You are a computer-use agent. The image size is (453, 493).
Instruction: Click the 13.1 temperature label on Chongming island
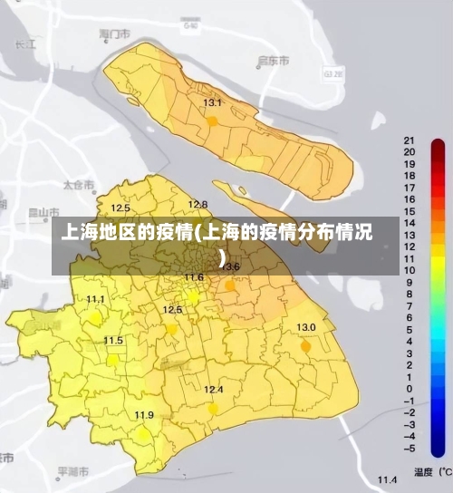(212, 103)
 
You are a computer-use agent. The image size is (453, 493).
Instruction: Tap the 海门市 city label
(115, 34)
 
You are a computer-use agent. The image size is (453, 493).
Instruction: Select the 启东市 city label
(274, 61)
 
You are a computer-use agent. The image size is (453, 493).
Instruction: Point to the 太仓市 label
(78, 185)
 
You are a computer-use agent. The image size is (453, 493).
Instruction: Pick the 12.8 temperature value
(198, 204)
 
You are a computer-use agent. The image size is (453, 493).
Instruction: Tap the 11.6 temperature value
(194, 277)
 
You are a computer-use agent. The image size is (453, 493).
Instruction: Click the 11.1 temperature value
(95, 299)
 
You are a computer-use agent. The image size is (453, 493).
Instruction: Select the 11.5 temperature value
(113, 340)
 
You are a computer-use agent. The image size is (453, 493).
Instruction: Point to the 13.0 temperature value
(306, 327)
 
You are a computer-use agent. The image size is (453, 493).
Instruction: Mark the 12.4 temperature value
(213, 390)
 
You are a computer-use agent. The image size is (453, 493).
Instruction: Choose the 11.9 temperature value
(144, 415)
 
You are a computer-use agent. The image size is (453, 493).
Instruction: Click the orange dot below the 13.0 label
(305, 346)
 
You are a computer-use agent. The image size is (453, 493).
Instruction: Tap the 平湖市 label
(73, 472)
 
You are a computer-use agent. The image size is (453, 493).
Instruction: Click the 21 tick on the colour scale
(410, 141)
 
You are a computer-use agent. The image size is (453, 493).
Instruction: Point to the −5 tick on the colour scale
(410, 448)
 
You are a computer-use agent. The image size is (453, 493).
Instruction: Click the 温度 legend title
(422, 472)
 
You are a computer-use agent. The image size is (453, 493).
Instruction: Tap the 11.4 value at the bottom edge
(388, 479)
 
